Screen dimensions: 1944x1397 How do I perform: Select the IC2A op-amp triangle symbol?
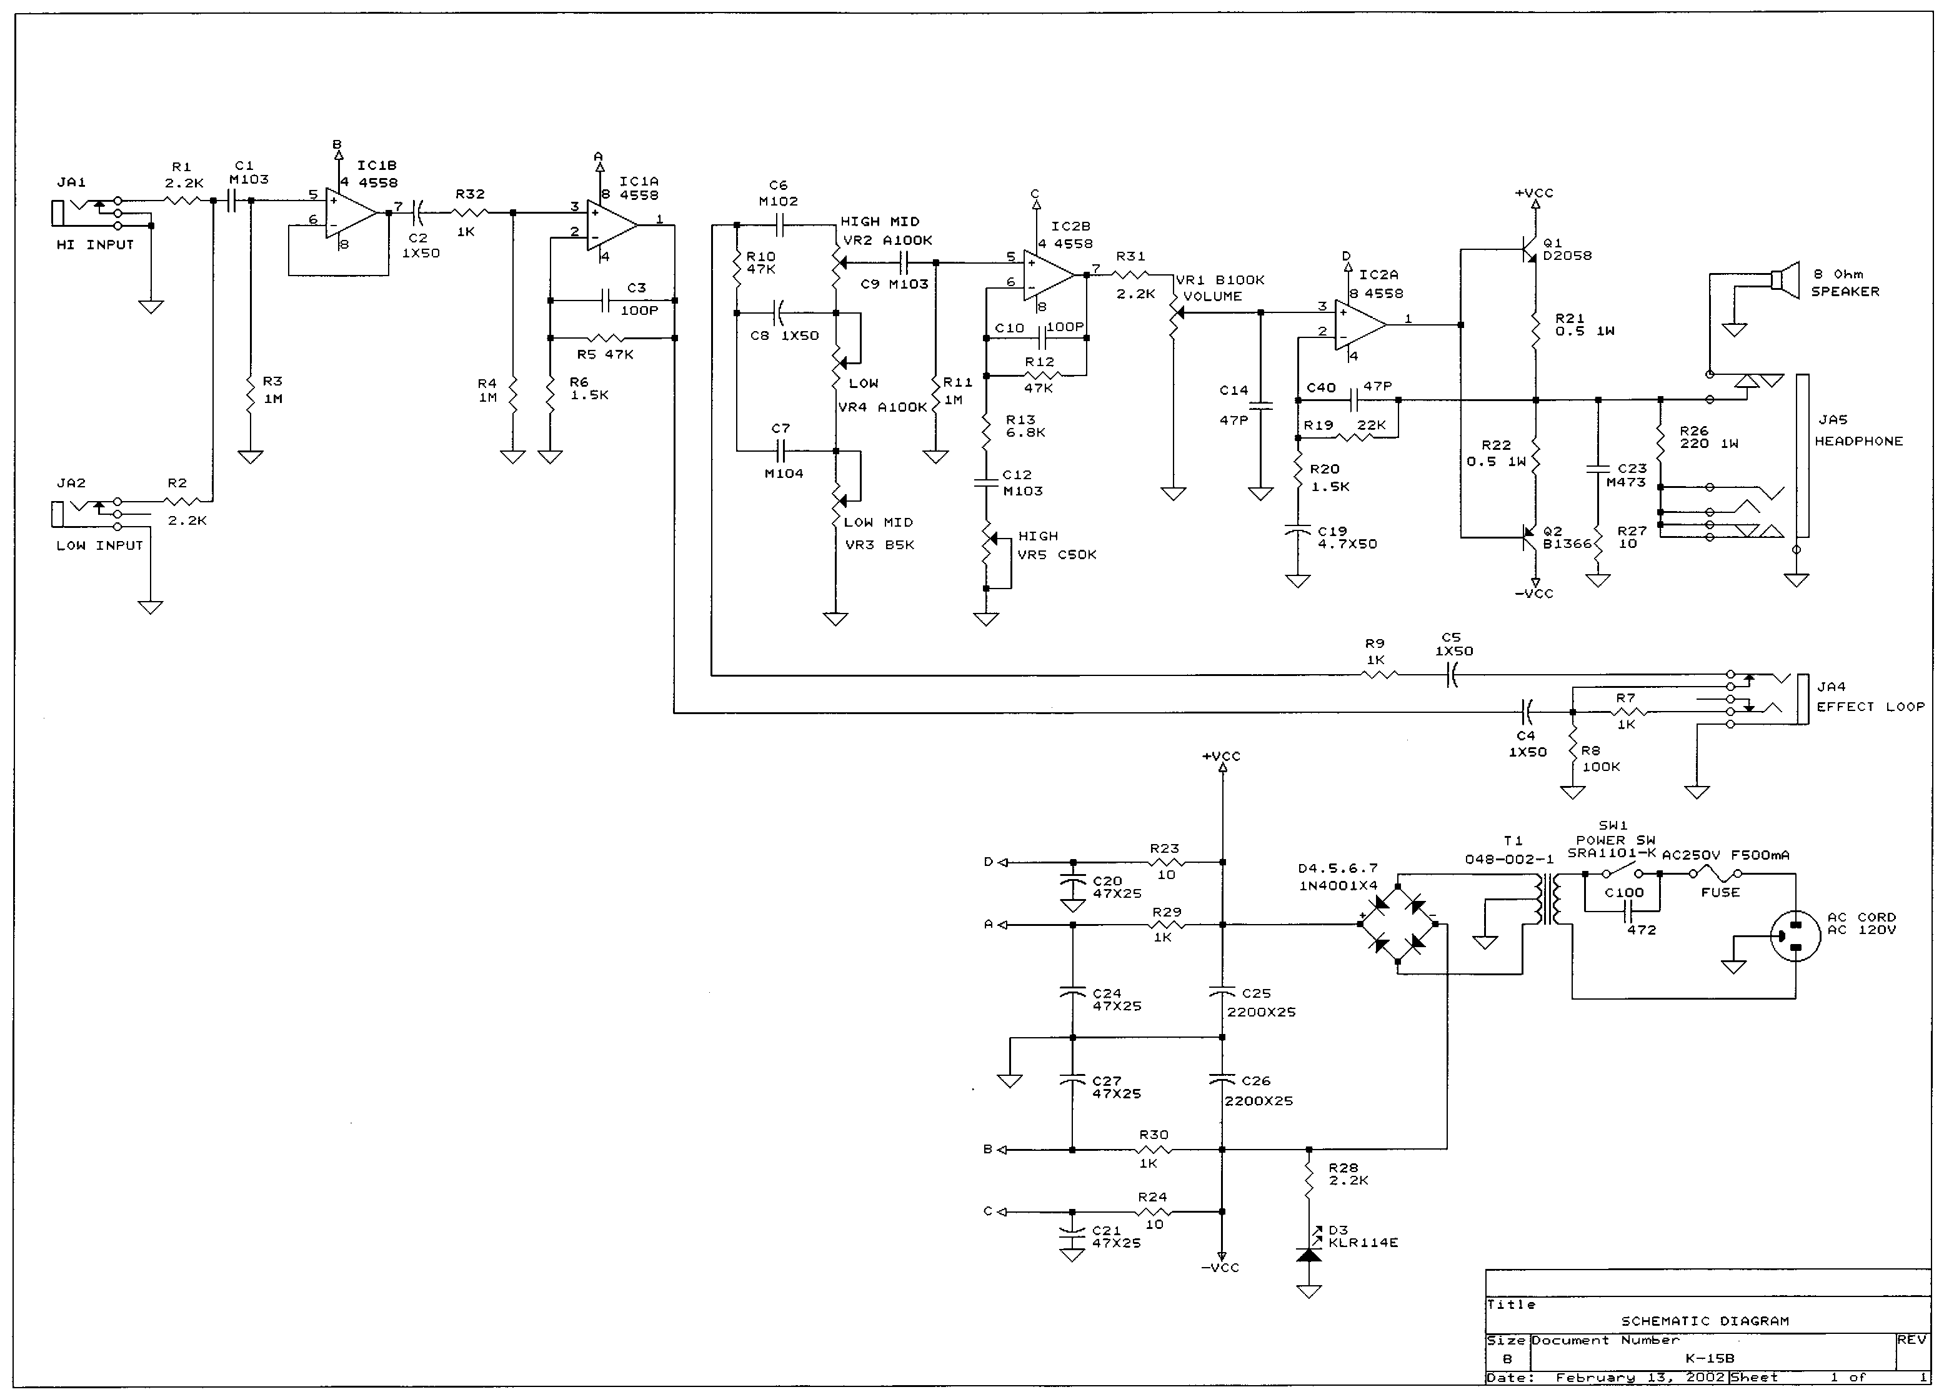pos(1360,325)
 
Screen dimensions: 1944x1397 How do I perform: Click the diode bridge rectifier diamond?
pos(1397,924)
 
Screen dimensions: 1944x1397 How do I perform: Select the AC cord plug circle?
pos(1795,937)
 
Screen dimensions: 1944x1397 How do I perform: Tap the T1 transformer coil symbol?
pos(1548,898)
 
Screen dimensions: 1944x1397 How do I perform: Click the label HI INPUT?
pos(95,244)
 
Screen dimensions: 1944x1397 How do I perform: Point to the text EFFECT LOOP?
pos(1870,706)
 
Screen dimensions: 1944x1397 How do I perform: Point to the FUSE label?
pos(1720,892)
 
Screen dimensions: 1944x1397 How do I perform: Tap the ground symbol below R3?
pos(251,457)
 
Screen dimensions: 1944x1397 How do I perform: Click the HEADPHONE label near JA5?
pos(1858,440)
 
